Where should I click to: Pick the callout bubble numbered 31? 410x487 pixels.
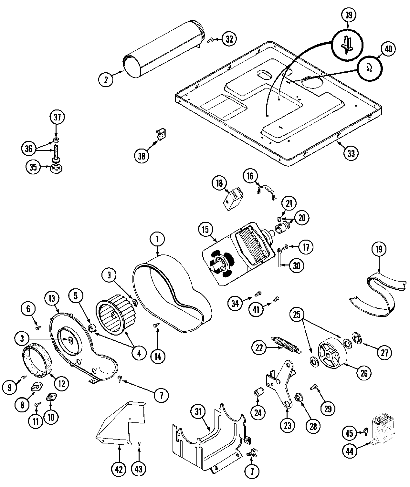[x=198, y=412]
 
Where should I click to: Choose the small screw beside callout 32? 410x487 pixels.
[x=210, y=40]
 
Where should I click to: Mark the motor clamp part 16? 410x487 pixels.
[x=268, y=191]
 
